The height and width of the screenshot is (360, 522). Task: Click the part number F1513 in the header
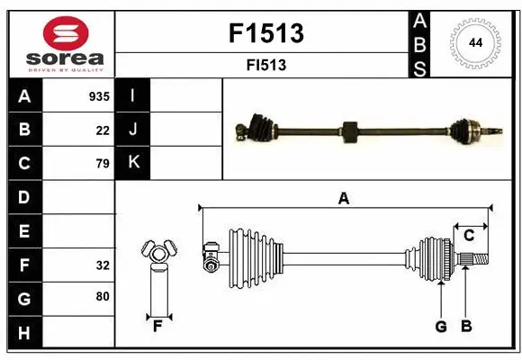click(266, 34)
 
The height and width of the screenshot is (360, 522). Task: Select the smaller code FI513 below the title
click(266, 65)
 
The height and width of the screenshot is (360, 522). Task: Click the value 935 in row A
click(99, 96)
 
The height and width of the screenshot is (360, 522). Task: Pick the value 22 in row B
click(103, 130)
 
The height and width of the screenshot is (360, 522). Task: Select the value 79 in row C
click(103, 163)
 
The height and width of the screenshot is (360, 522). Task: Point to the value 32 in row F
click(103, 265)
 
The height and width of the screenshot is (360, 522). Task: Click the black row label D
click(24, 196)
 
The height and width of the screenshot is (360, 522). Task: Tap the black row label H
click(24, 334)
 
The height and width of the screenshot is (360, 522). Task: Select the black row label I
click(133, 95)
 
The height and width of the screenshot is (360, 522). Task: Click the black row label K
click(133, 163)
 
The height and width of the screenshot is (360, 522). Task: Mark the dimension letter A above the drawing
click(343, 199)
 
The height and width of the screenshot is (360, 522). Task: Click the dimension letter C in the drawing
click(469, 236)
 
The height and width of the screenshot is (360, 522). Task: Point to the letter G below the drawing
click(441, 327)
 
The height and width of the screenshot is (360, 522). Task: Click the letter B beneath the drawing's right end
click(466, 327)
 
